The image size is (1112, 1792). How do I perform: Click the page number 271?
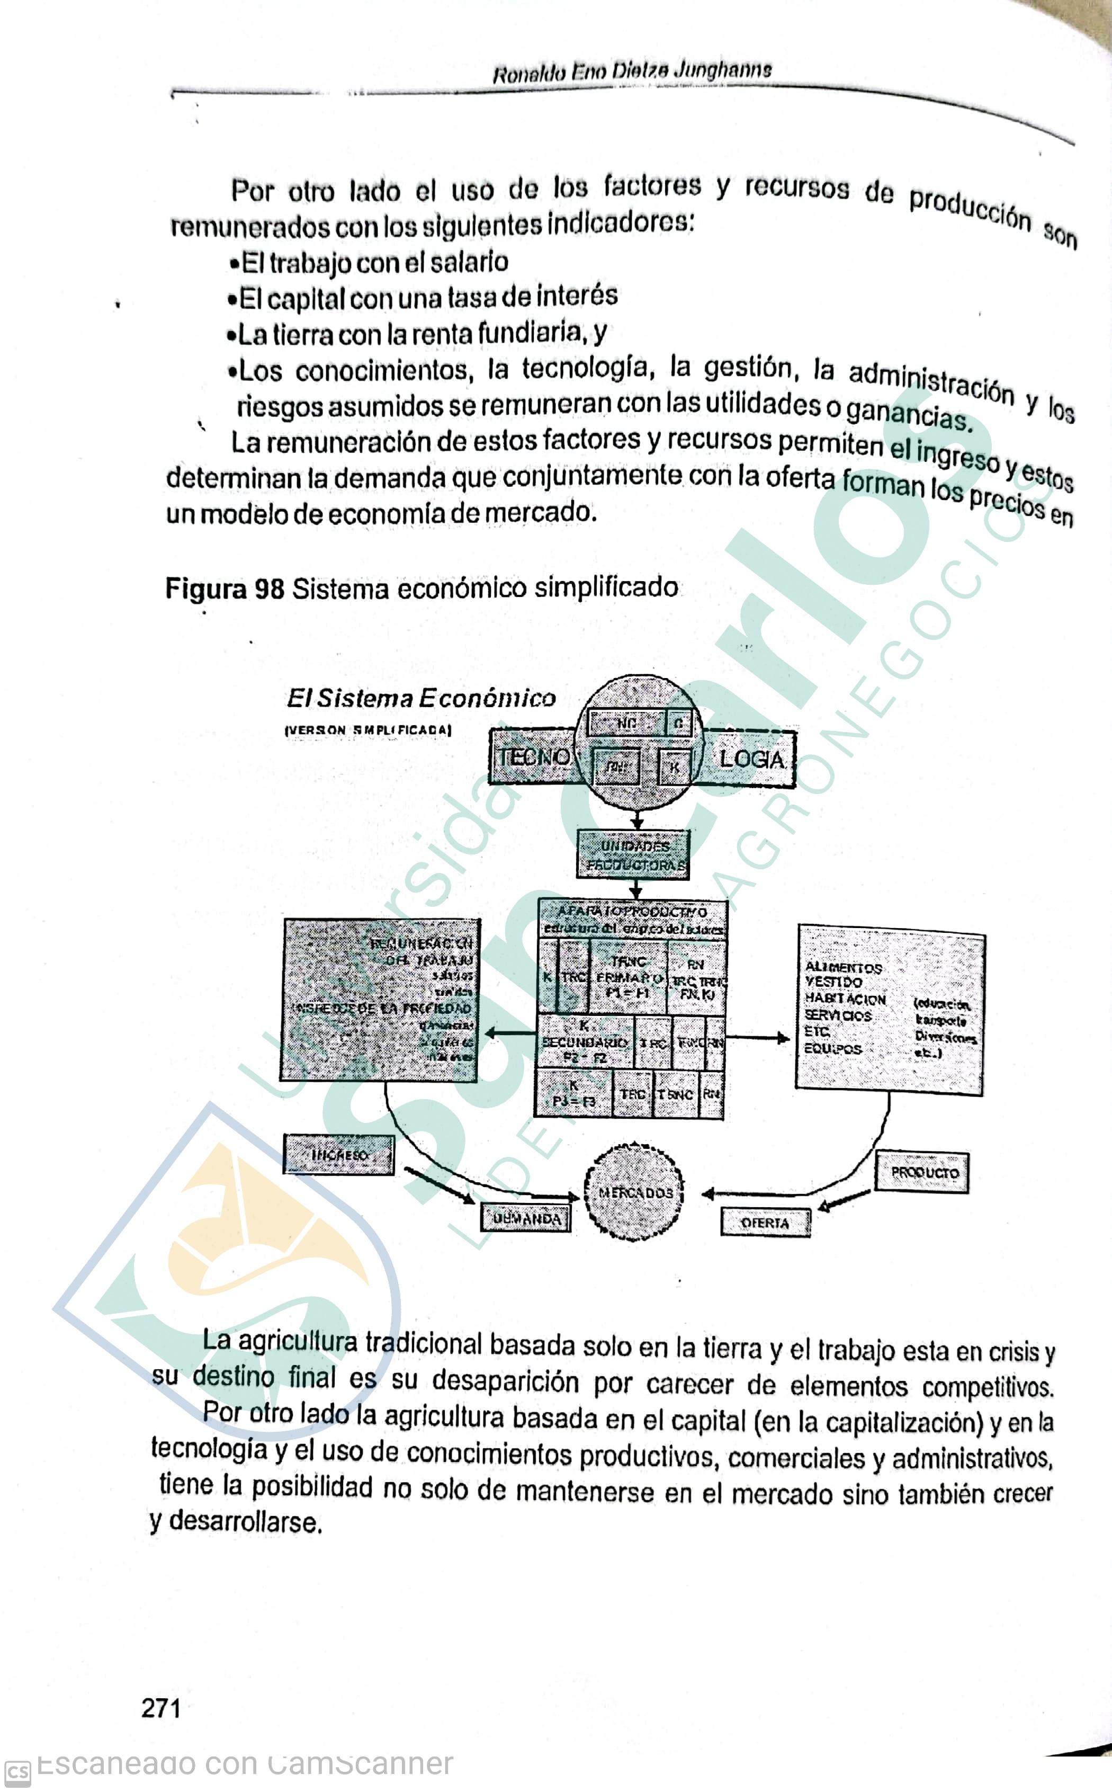[x=160, y=1707]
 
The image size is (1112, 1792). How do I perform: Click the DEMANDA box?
[x=526, y=1219]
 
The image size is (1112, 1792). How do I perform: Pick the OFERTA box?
[x=765, y=1223]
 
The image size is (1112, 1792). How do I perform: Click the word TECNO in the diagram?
[x=534, y=757]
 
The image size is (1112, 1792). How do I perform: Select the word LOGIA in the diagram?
[x=751, y=759]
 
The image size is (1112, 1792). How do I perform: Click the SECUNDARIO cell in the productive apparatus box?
[x=585, y=1041]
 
